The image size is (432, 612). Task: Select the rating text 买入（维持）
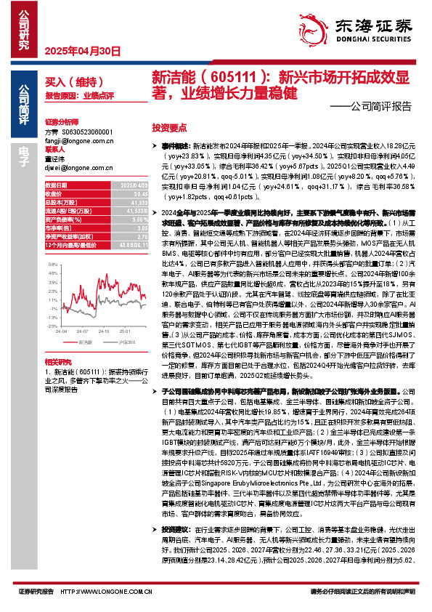click(68, 83)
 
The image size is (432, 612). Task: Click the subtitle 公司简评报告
click(380, 106)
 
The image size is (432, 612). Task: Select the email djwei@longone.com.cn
click(76, 168)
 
